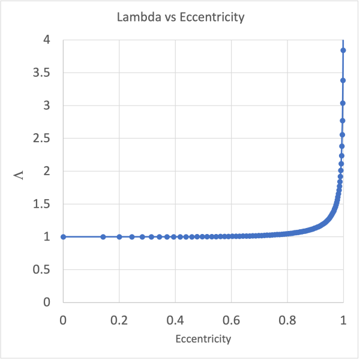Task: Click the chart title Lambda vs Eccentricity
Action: tap(181, 17)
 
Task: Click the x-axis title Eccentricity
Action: tap(203, 339)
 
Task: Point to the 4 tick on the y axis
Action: tap(46, 40)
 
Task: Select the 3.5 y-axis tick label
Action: tap(41, 73)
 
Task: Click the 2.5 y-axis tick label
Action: tap(41, 139)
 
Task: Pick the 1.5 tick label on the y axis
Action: tap(41, 204)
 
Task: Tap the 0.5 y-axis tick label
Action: tap(41, 269)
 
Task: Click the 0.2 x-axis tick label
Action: tap(119, 319)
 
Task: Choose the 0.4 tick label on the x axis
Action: tap(175, 319)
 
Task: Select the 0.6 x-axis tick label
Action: tap(231, 319)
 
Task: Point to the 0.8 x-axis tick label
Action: tap(287, 319)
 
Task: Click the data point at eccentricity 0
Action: tap(63, 236)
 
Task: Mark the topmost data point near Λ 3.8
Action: tap(343, 50)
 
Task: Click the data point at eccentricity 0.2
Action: tap(119, 236)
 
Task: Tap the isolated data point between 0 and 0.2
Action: tap(103, 236)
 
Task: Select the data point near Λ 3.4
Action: tap(343, 80)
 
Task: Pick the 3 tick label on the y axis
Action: tap(46, 106)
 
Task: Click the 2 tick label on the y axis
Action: tap(46, 171)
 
